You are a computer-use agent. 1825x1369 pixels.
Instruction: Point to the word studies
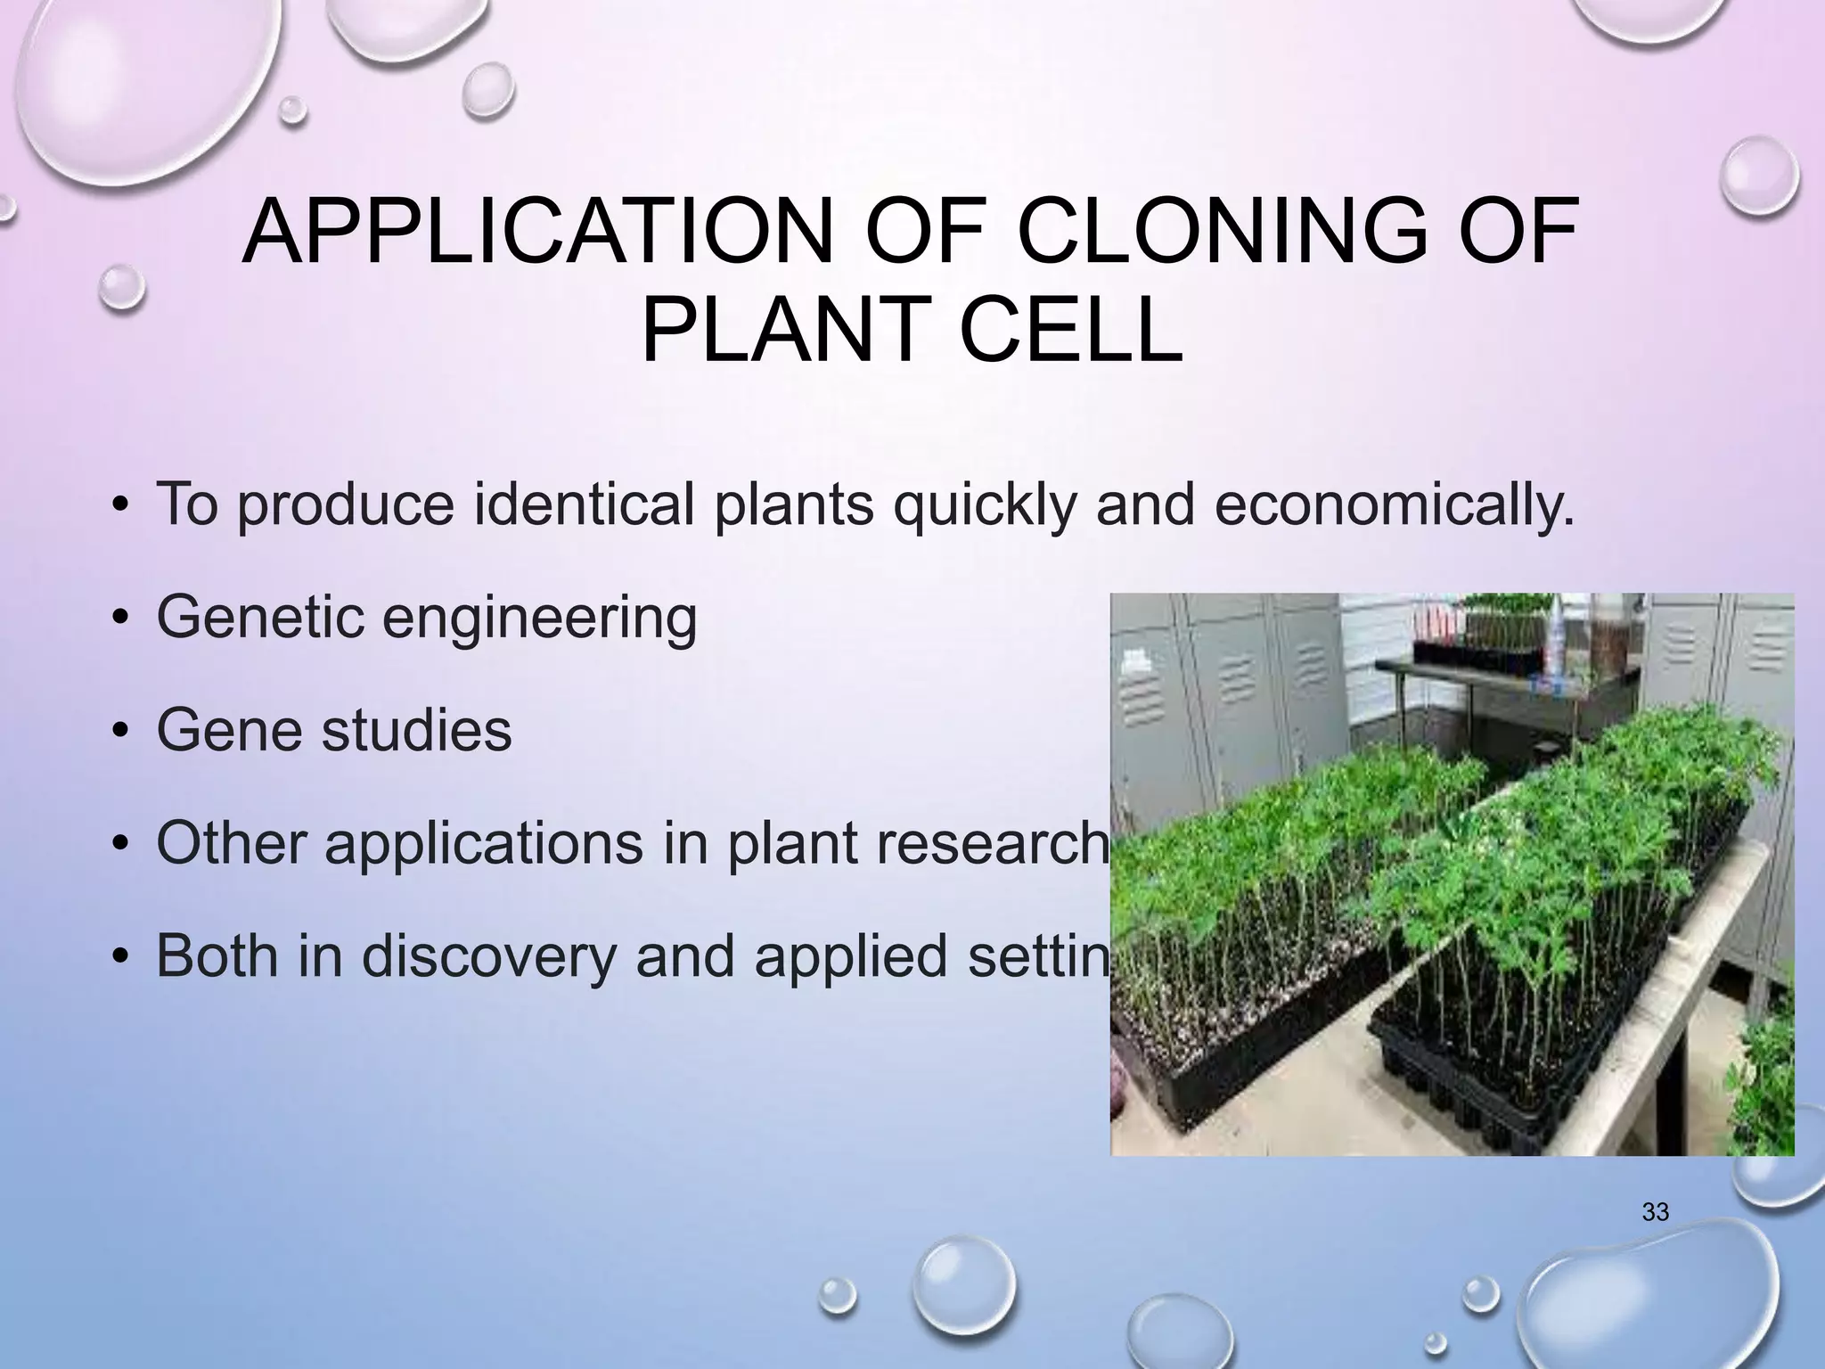(416, 730)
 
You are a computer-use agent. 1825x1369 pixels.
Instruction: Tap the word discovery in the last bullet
(487, 955)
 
